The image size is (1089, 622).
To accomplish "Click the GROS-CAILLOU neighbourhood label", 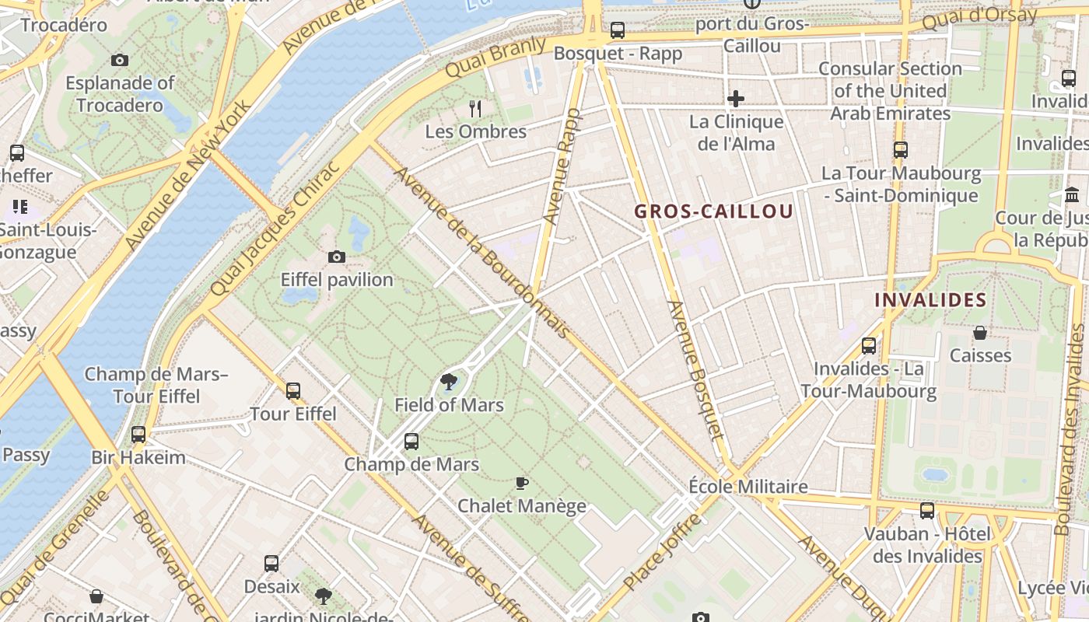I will point(713,211).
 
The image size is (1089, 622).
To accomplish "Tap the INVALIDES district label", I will point(930,300).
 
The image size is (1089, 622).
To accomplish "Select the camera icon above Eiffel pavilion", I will point(337,257).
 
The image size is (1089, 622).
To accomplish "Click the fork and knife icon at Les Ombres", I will point(475,109).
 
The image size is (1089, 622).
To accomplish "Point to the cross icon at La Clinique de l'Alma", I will point(735,99).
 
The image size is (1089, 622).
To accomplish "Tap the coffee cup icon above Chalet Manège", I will point(522,483).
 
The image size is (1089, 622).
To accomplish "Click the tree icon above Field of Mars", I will point(448,381).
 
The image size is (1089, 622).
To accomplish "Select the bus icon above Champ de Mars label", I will point(411,442).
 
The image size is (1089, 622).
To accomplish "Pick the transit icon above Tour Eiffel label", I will point(293,390).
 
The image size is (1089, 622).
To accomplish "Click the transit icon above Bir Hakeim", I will point(138,434).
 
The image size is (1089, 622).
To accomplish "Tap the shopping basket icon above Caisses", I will point(980,333).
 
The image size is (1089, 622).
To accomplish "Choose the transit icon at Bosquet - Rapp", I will point(617,30).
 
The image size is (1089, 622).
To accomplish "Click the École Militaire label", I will point(748,487).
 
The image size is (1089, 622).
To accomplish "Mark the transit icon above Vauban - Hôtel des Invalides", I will point(927,511).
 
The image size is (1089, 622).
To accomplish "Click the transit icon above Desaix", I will point(271,563).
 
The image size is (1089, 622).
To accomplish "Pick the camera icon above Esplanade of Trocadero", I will point(120,60).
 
